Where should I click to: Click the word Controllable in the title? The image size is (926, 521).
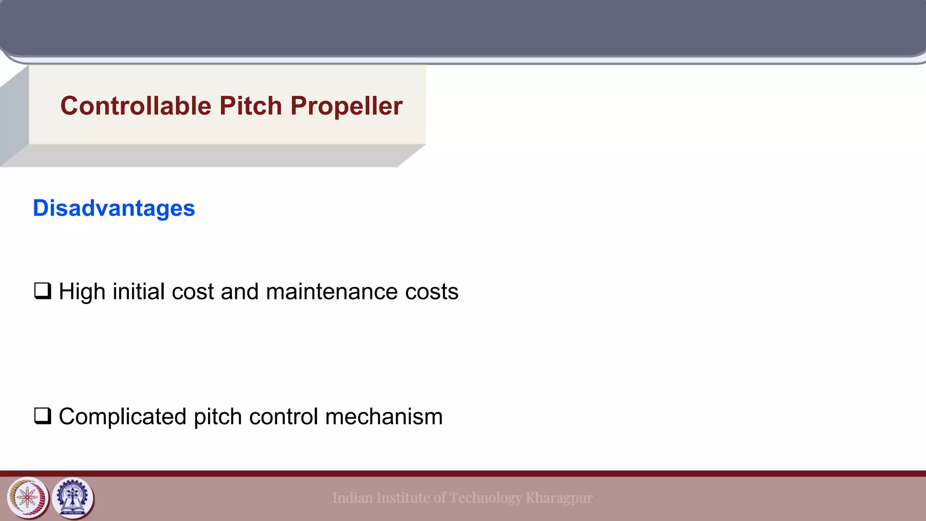click(136, 106)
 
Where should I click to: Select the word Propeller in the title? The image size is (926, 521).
click(346, 106)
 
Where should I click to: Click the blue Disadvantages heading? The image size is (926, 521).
click(114, 208)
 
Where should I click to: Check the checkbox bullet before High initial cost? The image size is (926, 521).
click(43, 291)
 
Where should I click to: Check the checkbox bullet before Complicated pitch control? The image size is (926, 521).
click(43, 416)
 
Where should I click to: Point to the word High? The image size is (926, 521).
click(82, 292)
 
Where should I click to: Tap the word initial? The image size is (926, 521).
click(138, 292)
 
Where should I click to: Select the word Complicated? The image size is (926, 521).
click(122, 417)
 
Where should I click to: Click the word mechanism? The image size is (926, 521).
click(384, 417)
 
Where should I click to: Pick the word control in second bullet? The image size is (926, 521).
click(283, 417)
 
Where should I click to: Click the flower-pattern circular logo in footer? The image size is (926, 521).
click(28, 498)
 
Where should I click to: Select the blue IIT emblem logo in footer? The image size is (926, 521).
click(73, 498)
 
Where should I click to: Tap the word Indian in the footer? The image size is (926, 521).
click(353, 498)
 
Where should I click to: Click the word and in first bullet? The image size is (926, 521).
click(240, 292)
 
